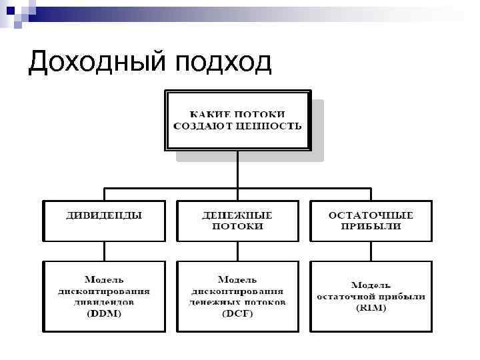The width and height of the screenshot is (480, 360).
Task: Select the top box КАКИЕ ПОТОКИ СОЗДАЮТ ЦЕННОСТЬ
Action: (237, 121)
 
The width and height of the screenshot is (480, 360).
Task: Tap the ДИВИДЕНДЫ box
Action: (104, 221)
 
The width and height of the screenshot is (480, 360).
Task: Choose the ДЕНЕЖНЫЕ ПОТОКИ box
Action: (237, 221)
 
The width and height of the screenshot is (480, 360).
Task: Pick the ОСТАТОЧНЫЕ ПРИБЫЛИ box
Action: (371, 221)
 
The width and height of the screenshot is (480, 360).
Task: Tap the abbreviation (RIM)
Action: (371, 307)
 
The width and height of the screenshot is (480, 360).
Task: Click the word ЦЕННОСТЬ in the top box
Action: (274, 125)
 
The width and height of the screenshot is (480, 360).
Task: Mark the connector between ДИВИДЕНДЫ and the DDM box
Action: (104, 251)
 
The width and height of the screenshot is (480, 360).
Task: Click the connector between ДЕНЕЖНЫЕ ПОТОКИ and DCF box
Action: (237, 251)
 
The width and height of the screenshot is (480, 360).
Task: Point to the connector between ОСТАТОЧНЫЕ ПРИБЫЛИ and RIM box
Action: (371, 251)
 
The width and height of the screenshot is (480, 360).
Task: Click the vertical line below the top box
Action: (237, 170)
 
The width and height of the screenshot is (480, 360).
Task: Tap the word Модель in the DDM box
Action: (104, 279)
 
